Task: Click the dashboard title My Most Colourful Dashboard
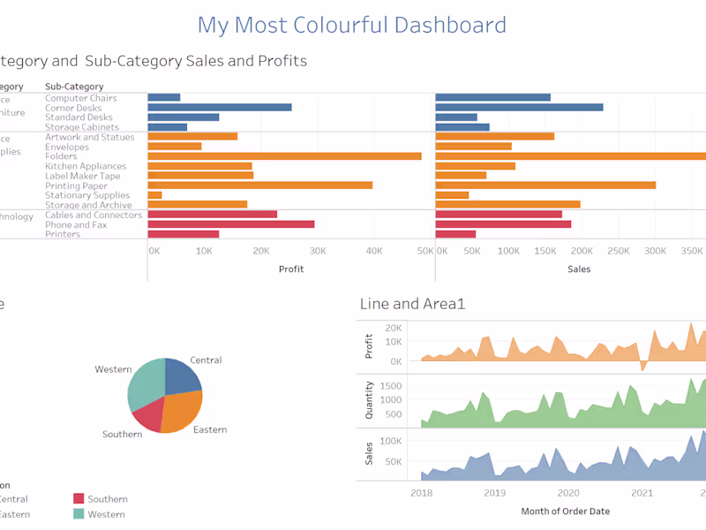(x=351, y=25)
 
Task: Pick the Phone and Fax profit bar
(x=230, y=224)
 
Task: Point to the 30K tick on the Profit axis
(x=317, y=252)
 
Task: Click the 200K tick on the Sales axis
(x=582, y=252)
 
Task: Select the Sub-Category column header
(x=74, y=87)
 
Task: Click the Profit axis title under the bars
(x=290, y=269)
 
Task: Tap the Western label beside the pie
(x=113, y=369)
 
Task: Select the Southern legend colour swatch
(x=79, y=499)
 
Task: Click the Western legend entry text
(x=107, y=514)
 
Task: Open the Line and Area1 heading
(x=412, y=304)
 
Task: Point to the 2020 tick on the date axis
(x=568, y=494)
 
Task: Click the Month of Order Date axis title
(x=565, y=511)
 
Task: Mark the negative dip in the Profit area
(x=643, y=367)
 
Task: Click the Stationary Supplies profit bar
(x=154, y=195)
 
